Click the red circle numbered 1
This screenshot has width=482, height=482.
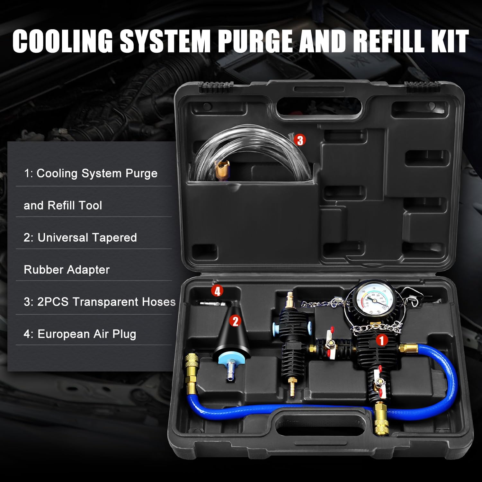[382, 340]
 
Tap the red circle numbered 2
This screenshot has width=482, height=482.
[236, 321]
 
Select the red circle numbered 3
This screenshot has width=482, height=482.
[300, 140]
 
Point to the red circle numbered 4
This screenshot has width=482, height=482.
[218, 291]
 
